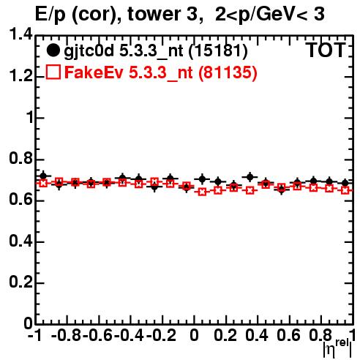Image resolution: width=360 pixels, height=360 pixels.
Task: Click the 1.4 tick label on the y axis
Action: pyautogui.click(x=20, y=34)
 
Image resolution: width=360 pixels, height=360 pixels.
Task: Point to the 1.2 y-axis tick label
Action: pyautogui.click(x=20, y=76)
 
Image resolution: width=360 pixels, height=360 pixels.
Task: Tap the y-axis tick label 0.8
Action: pyautogui.click(x=20, y=158)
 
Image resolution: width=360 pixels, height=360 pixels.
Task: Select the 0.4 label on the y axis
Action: pyautogui.click(x=20, y=241)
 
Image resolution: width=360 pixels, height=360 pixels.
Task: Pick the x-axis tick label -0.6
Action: pyautogui.click(x=97, y=335)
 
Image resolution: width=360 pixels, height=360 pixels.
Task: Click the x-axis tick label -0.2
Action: pyautogui.click(x=161, y=335)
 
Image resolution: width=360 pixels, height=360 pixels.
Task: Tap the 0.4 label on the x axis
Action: pyautogui.click(x=256, y=335)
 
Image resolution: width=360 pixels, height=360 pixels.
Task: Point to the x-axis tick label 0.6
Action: pyautogui.click(x=288, y=335)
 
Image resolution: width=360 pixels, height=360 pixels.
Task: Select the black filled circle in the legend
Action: pyautogui.click(x=53, y=50)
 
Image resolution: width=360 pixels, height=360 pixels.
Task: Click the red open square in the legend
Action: pyautogui.click(x=53, y=72)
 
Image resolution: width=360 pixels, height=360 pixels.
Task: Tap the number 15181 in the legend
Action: pyautogui.click(x=218, y=51)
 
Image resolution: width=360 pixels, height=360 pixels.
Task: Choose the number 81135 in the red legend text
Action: pyautogui.click(x=228, y=72)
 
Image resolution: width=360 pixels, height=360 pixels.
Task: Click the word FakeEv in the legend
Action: pyautogui.click(x=94, y=72)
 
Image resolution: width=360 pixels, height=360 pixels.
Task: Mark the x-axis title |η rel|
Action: pyautogui.click(x=337, y=348)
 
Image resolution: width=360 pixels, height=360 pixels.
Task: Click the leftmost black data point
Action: pyautogui.click(x=43, y=176)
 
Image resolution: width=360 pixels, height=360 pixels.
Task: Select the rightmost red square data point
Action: pyautogui.click(x=345, y=190)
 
